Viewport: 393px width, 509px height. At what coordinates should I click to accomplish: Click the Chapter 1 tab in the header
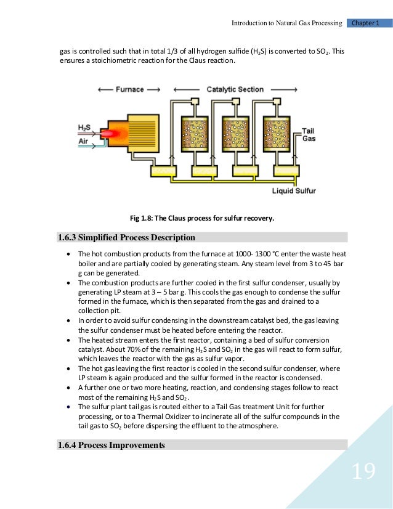click(368, 23)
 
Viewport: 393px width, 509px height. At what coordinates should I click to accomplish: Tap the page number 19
click(363, 472)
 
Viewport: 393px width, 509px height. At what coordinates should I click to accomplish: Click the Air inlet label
click(84, 141)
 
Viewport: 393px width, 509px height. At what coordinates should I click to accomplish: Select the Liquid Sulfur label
click(294, 191)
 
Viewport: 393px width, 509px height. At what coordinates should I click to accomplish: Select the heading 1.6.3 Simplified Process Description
click(126, 237)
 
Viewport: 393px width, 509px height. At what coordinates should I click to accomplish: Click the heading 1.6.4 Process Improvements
click(111, 444)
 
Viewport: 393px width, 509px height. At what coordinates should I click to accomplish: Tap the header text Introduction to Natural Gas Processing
click(286, 23)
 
